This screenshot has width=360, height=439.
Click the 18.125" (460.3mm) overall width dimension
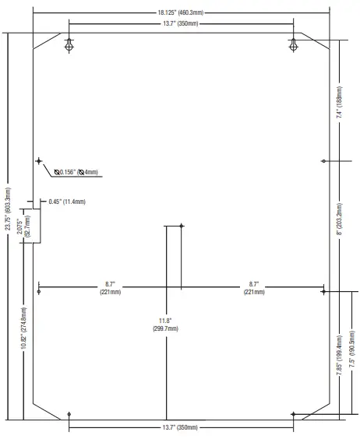180,12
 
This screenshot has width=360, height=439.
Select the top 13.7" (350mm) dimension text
181,23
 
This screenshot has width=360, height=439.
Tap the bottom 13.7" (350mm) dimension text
180,427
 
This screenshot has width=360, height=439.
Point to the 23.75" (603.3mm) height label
8,209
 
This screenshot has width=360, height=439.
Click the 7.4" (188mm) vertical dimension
339,102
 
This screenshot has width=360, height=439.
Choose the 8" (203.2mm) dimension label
339,219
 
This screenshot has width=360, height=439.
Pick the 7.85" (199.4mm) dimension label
339,355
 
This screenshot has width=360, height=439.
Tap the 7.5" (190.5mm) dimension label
352,349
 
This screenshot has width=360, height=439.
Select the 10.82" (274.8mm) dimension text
24,328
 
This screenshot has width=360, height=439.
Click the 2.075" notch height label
23,227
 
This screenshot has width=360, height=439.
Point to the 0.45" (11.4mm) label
67,202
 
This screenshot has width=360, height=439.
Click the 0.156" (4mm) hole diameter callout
76,172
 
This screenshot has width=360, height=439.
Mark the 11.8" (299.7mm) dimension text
165,325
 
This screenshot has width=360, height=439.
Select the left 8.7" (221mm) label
110,288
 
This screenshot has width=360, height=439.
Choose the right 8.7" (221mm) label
254,288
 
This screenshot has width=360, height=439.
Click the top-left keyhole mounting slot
69,45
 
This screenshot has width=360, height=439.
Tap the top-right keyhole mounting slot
293,45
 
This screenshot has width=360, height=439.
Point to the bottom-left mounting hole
69,414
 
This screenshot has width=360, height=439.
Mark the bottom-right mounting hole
293,414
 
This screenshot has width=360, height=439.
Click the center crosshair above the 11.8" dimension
182,226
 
